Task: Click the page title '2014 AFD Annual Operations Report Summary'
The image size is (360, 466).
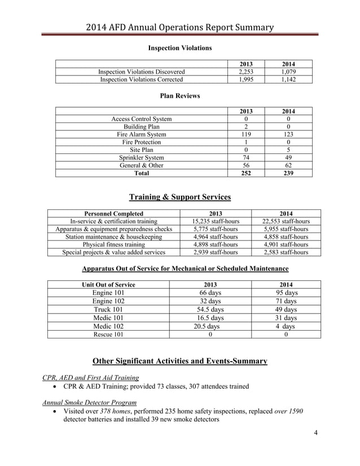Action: pyautogui.click(x=179, y=27)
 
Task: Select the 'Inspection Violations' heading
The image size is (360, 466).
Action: pyautogui.click(x=179, y=49)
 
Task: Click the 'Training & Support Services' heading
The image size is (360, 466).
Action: pyautogui.click(x=179, y=197)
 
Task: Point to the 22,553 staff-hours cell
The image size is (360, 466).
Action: pyautogui.click(x=286, y=222)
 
